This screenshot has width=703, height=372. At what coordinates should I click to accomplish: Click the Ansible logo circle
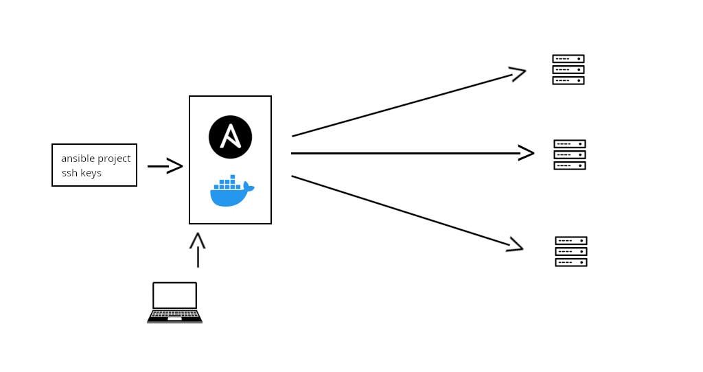[230, 137]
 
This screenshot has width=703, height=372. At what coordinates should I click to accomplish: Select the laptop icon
[174, 302]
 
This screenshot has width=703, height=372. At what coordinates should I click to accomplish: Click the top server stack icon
[568, 69]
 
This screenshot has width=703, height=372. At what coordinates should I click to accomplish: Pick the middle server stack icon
[570, 154]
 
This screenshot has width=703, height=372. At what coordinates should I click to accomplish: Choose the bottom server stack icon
[571, 251]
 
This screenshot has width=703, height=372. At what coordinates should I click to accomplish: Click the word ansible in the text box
[78, 159]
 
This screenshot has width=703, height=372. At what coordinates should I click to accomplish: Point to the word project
[113, 159]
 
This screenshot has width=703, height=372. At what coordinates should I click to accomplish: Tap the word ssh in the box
[69, 173]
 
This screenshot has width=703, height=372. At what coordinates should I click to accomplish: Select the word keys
[91, 173]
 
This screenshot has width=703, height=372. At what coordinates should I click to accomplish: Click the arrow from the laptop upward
[198, 250]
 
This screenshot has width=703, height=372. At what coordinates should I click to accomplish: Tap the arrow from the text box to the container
[165, 166]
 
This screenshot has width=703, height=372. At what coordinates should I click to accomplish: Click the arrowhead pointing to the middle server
[527, 153]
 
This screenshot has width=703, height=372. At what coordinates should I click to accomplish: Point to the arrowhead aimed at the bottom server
[516, 245]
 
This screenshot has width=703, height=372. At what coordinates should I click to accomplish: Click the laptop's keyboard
[174, 315]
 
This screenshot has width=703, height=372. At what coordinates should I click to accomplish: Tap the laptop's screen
[174, 295]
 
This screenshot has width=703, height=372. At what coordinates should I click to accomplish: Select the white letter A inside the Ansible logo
[230, 137]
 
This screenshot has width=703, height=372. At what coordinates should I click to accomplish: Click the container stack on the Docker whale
[228, 183]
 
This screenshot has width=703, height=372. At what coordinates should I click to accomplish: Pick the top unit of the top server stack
[568, 59]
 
